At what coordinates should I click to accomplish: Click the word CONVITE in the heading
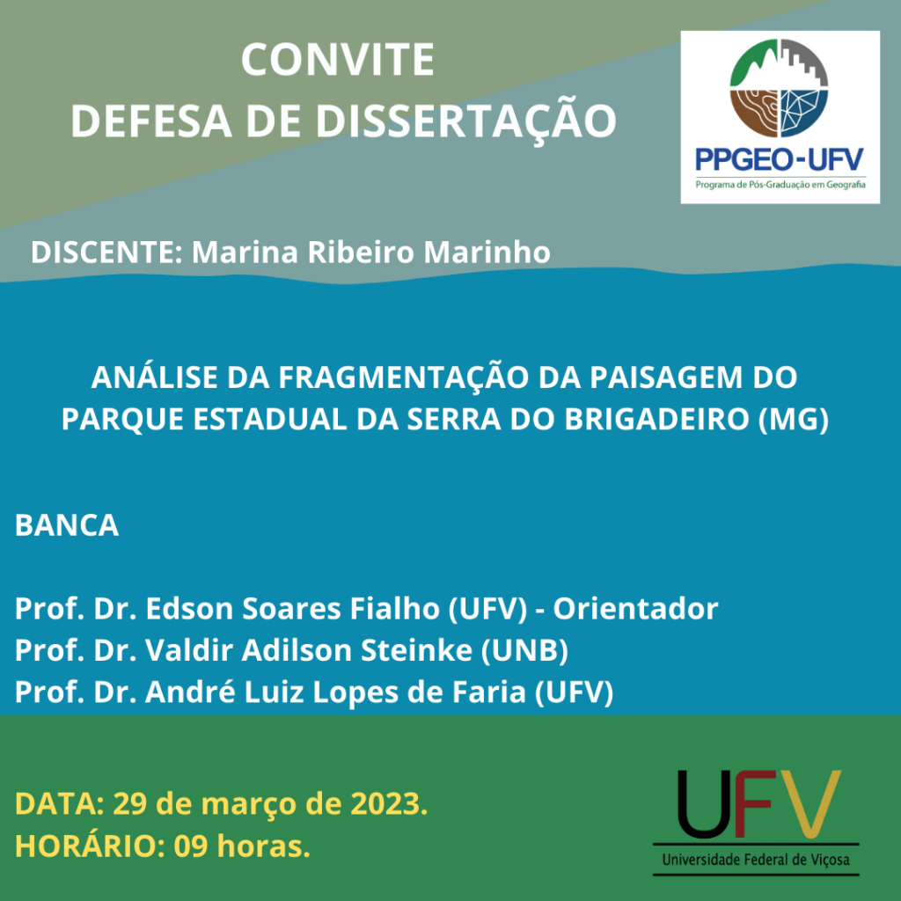[337, 59]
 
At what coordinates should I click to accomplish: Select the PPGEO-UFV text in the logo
[780, 160]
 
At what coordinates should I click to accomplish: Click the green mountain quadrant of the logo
[753, 63]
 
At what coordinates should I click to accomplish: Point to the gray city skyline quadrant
[805, 63]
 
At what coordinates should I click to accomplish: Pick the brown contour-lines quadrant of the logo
[753, 114]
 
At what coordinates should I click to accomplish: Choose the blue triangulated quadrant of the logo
[805, 114]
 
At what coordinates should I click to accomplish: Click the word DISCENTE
[106, 252]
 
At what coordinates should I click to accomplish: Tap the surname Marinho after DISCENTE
[487, 252]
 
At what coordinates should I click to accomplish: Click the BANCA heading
[67, 524]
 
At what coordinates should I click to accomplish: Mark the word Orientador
[635, 608]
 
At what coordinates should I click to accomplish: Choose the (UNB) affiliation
[524, 650]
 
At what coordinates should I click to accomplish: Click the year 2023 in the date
[389, 802]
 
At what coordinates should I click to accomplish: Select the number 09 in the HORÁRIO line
[191, 846]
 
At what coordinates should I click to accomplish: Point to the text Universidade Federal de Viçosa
[756, 860]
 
